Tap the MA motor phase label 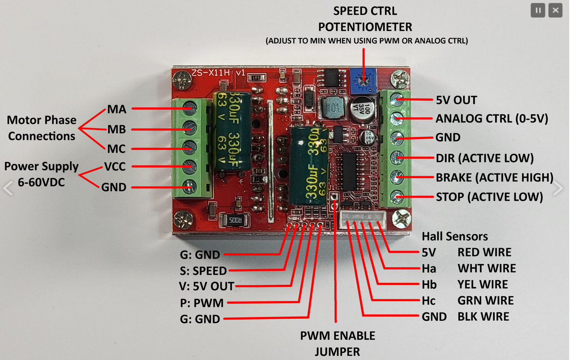pyautogui.click(x=117, y=109)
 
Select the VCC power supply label pyautogui.click(x=115, y=166)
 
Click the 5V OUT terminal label pyautogui.click(x=456, y=100)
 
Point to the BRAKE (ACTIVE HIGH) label pyautogui.click(x=494, y=177)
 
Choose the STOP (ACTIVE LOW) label pyautogui.click(x=489, y=197)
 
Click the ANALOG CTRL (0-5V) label pyautogui.click(x=491, y=118)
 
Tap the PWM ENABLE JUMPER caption pyautogui.click(x=338, y=343)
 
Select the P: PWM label pyautogui.click(x=202, y=303)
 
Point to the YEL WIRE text pyautogui.click(x=482, y=284)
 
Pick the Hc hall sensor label pyautogui.click(x=429, y=301)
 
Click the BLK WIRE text pyautogui.click(x=483, y=317)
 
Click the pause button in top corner pyautogui.click(x=538, y=10)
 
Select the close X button pyautogui.click(x=555, y=10)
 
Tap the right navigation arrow pyautogui.click(x=558, y=188)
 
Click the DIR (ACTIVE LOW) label pyautogui.click(x=484, y=158)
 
